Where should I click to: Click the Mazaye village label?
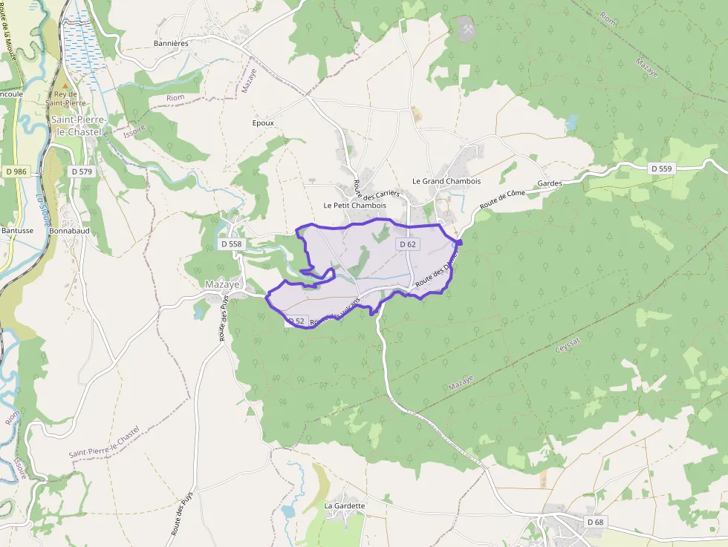click(x=222, y=284)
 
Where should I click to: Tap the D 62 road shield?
click(x=407, y=244)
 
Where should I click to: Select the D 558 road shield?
click(x=232, y=243)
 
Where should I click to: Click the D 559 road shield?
click(x=661, y=169)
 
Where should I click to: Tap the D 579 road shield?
click(x=82, y=171)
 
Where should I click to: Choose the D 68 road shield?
click(x=595, y=523)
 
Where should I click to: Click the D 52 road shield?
click(x=296, y=321)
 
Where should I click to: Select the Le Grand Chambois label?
click(x=446, y=181)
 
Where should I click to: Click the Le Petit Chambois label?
click(x=354, y=205)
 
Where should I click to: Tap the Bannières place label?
click(x=171, y=43)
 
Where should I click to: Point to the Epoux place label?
click(x=263, y=123)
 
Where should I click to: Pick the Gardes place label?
click(x=550, y=183)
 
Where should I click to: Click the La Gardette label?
click(x=345, y=506)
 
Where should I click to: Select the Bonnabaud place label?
click(x=69, y=231)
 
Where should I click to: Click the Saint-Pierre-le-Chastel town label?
click(x=77, y=125)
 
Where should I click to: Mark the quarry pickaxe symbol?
click(x=467, y=30)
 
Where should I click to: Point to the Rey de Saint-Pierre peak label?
click(x=65, y=98)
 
